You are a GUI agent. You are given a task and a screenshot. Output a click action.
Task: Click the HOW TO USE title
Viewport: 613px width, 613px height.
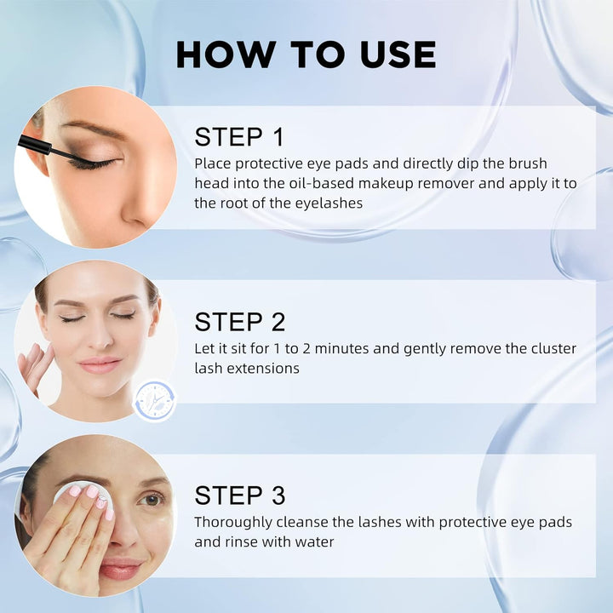(306, 54)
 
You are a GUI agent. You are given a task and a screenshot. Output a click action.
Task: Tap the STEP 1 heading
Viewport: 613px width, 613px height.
(239, 136)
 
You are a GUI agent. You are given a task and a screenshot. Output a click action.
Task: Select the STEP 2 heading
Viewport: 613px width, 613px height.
(239, 322)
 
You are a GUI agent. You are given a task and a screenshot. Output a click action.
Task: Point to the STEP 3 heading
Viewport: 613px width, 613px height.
(239, 496)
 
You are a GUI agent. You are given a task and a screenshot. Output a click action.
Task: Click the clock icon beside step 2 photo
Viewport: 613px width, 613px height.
(155, 400)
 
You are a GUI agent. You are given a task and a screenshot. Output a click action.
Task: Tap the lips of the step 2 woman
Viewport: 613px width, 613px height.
(100, 364)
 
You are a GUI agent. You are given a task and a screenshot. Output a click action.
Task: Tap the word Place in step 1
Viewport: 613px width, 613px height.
(211, 163)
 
